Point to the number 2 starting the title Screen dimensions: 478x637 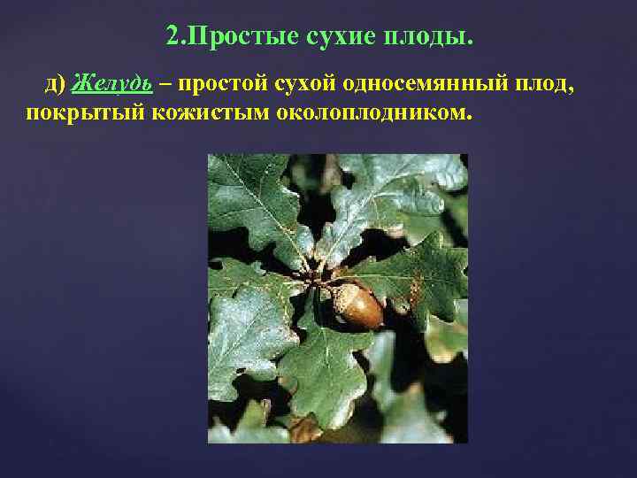tap(172, 36)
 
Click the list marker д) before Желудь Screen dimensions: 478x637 tap(55, 83)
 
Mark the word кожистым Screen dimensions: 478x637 tap(177, 113)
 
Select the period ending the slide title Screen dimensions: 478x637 tap(470, 42)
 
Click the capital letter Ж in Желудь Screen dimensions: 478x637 tap(80, 83)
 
